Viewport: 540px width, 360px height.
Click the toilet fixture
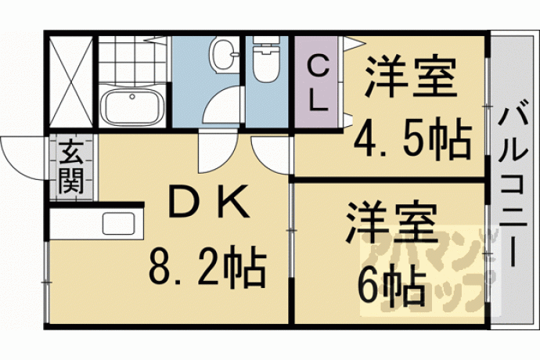pyautogui.click(x=265, y=59)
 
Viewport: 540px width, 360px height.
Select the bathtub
pyautogui.click(x=132, y=106)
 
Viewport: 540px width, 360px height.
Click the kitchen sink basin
pyautogui.click(x=118, y=223)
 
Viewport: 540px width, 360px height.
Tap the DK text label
pyautogui.click(x=210, y=202)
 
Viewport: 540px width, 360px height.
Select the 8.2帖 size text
pyautogui.click(x=208, y=266)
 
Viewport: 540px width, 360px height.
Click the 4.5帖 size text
pyautogui.click(x=412, y=139)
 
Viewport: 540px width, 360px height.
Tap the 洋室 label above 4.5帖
pyautogui.click(x=411, y=75)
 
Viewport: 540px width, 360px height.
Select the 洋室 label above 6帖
pyautogui.click(x=391, y=223)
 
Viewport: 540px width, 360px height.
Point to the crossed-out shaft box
pyautogui.click(x=71, y=81)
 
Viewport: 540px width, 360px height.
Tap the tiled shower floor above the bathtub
pyautogui.click(x=132, y=59)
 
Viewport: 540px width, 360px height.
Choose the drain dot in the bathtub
pyautogui.click(x=132, y=97)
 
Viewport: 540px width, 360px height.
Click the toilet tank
pyautogui.click(x=265, y=40)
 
